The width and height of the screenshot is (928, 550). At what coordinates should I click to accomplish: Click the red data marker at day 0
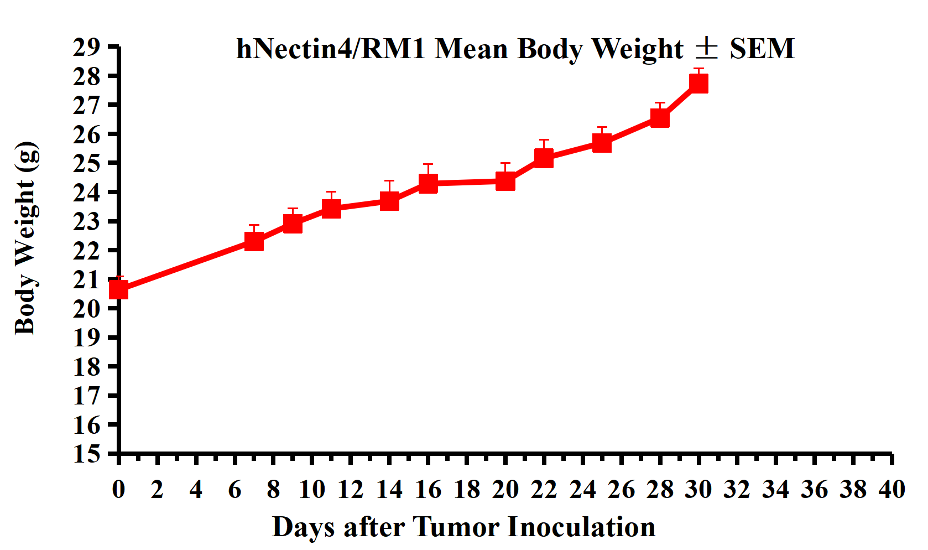tap(119, 289)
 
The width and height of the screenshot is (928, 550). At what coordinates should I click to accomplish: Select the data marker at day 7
tap(254, 241)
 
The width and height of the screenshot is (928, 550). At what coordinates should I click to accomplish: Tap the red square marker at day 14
tap(389, 201)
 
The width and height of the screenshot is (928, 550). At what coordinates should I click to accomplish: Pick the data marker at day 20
tap(505, 181)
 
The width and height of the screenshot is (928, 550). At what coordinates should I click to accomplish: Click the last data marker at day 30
tap(698, 83)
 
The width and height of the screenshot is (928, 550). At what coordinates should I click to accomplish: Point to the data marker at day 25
tap(602, 143)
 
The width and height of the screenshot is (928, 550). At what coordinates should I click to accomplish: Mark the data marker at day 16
tap(428, 183)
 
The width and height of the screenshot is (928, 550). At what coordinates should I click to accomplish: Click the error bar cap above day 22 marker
tap(544, 140)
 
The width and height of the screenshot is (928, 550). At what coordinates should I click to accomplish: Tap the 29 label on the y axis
tap(87, 48)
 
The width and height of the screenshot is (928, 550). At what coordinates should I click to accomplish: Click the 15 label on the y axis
tap(87, 454)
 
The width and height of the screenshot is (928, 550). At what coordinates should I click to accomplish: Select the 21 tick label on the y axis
tap(87, 280)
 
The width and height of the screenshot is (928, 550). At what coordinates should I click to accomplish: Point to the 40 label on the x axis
tap(891, 490)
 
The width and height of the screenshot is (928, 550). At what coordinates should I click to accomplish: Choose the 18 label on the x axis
tap(467, 490)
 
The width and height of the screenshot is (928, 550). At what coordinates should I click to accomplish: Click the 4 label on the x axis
tap(196, 490)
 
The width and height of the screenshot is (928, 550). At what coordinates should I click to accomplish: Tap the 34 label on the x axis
tap(775, 490)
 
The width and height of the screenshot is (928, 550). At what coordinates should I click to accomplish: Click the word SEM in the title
tap(762, 49)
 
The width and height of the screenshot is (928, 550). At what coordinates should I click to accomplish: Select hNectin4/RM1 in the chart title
tap(331, 49)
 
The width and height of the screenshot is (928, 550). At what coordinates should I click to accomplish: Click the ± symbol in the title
tap(706, 48)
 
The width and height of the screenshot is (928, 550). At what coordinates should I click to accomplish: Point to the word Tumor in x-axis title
tap(456, 527)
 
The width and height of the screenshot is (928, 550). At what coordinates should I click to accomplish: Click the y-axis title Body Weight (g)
tap(26, 238)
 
